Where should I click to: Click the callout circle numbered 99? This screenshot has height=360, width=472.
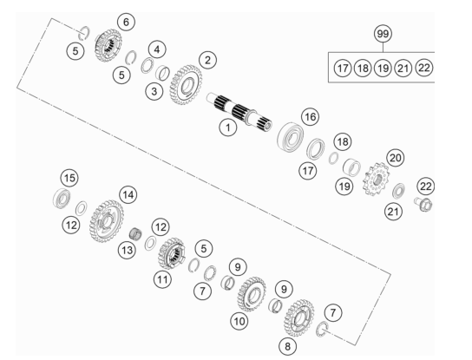tap(383, 34)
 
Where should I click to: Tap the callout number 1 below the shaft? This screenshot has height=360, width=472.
tap(228, 128)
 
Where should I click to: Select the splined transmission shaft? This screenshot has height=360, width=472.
tap(239, 112)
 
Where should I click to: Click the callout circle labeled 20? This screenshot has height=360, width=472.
tap(396, 157)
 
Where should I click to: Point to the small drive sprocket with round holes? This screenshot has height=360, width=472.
tap(377, 179)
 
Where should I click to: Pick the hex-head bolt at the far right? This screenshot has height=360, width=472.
tap(423, 205)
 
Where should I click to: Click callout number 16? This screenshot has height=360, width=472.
tap(311, 116)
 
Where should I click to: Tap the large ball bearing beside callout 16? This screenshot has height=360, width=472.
tap(290, 136)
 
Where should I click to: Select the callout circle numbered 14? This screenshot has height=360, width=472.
tap(128, 195)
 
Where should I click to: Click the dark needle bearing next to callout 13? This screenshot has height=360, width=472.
tap(135, 233)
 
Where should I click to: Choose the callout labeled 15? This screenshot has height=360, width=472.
tap(69, 178)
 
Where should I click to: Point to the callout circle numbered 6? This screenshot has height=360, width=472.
tap(126, 22)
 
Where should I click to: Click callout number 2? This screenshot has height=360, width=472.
tap(207, 60)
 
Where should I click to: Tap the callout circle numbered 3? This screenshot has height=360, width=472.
tap(154, 91)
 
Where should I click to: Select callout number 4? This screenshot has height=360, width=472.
tap(157, 49)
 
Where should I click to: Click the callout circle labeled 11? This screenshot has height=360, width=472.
tap(162, 279)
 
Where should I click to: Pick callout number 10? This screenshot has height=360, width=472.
tap(239, 321)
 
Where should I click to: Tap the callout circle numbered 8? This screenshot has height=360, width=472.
tap(287, 346)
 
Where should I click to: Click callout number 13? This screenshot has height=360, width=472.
tap(127, 250)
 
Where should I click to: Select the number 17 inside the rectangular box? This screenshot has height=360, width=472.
tap(343, 68)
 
